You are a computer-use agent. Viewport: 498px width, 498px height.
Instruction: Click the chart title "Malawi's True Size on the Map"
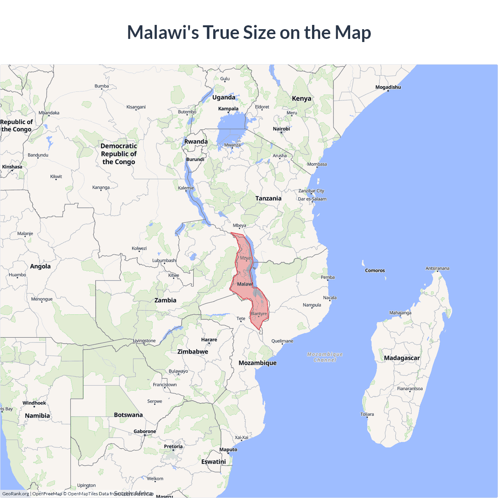tap(249, 32)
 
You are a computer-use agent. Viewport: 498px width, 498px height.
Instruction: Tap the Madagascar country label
tap(402, 358)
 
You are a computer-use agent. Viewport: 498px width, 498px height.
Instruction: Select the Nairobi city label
tap(281, 129)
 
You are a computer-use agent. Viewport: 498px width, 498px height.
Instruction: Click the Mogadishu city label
tap(388, 87)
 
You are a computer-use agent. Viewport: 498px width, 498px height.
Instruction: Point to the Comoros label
tap(375, 270)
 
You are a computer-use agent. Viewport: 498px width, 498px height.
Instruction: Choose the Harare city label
tap(209, 340)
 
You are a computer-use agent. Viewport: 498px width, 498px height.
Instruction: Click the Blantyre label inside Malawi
tap(259, 314)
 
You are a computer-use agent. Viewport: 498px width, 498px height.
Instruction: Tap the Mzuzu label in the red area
tap(246, 258)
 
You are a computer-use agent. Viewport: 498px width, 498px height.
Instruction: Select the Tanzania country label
tap(268, 198)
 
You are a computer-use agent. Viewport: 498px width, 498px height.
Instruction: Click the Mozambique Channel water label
tap(325, 357)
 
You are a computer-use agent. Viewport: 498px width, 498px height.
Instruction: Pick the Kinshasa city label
tap(12, 167)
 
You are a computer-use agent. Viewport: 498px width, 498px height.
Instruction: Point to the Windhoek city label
tap(34, 403)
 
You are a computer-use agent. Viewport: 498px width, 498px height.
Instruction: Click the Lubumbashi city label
tap(164, 260)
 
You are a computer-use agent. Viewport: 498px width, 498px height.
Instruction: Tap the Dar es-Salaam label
tap(312, 199)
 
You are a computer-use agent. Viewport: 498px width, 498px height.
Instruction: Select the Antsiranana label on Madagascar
tap(437, 268)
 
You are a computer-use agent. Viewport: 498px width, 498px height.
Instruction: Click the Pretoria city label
tap(173, 446)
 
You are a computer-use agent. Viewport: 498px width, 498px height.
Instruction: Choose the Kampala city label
tap(228, 109)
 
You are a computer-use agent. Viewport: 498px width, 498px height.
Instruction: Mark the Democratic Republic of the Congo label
tap(119, 154)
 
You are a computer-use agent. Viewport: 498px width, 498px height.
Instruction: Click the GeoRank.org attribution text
tap(16, 494)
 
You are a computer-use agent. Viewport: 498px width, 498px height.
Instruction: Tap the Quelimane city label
tap(282, 341)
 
